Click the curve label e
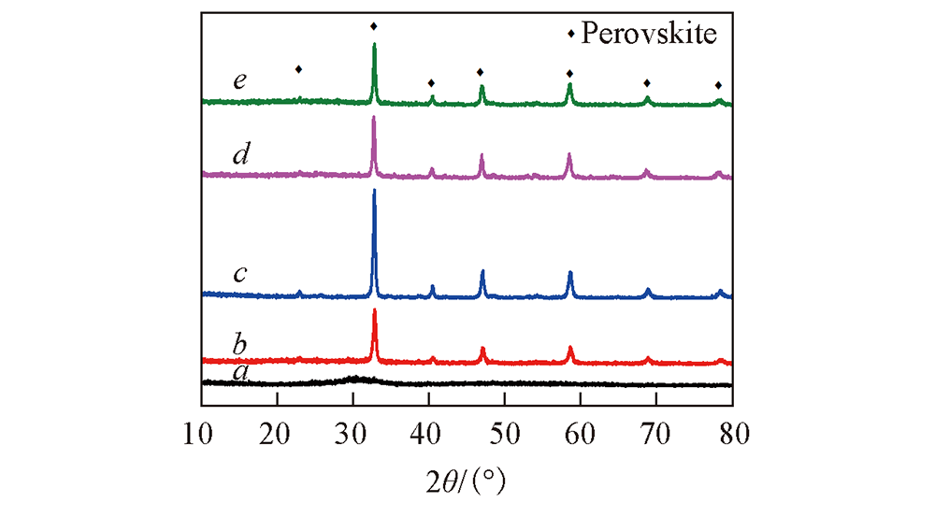[240, 81]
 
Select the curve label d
[240, 152]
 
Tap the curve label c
[240, 274]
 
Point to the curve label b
[240, 344]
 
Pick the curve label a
[240, 372]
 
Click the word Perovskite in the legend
[648, 35]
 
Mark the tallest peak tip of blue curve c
[375, 191]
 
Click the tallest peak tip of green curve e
[375, 44]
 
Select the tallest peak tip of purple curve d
[374, 117]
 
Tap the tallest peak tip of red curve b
[375, 309]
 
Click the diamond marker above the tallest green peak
[374, 26]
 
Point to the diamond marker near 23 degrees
[298, 69]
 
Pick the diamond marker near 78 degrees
[718, 85]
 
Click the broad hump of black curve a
[355, 379]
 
